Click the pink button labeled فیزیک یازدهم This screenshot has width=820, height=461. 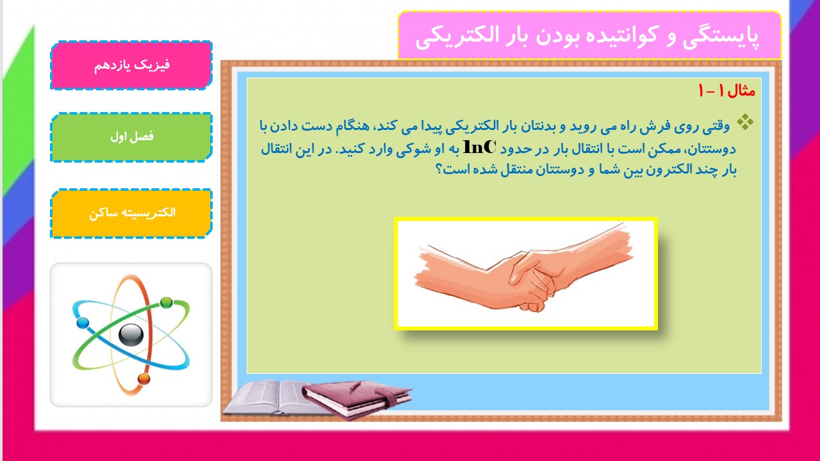point(131,65)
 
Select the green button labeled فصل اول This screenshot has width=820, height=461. point(131,137)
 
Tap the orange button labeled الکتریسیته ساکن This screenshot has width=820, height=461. point(131,213)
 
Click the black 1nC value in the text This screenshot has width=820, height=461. point(480,147)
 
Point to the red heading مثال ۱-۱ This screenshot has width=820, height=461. point(726,90)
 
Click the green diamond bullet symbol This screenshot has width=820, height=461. point(745,122)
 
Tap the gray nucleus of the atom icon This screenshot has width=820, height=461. point(131,335)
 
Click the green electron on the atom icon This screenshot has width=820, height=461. point(166,303)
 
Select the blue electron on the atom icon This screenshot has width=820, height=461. point(83,323)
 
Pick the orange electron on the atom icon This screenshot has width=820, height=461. point(144,378)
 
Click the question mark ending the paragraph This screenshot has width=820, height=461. point(439,170)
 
